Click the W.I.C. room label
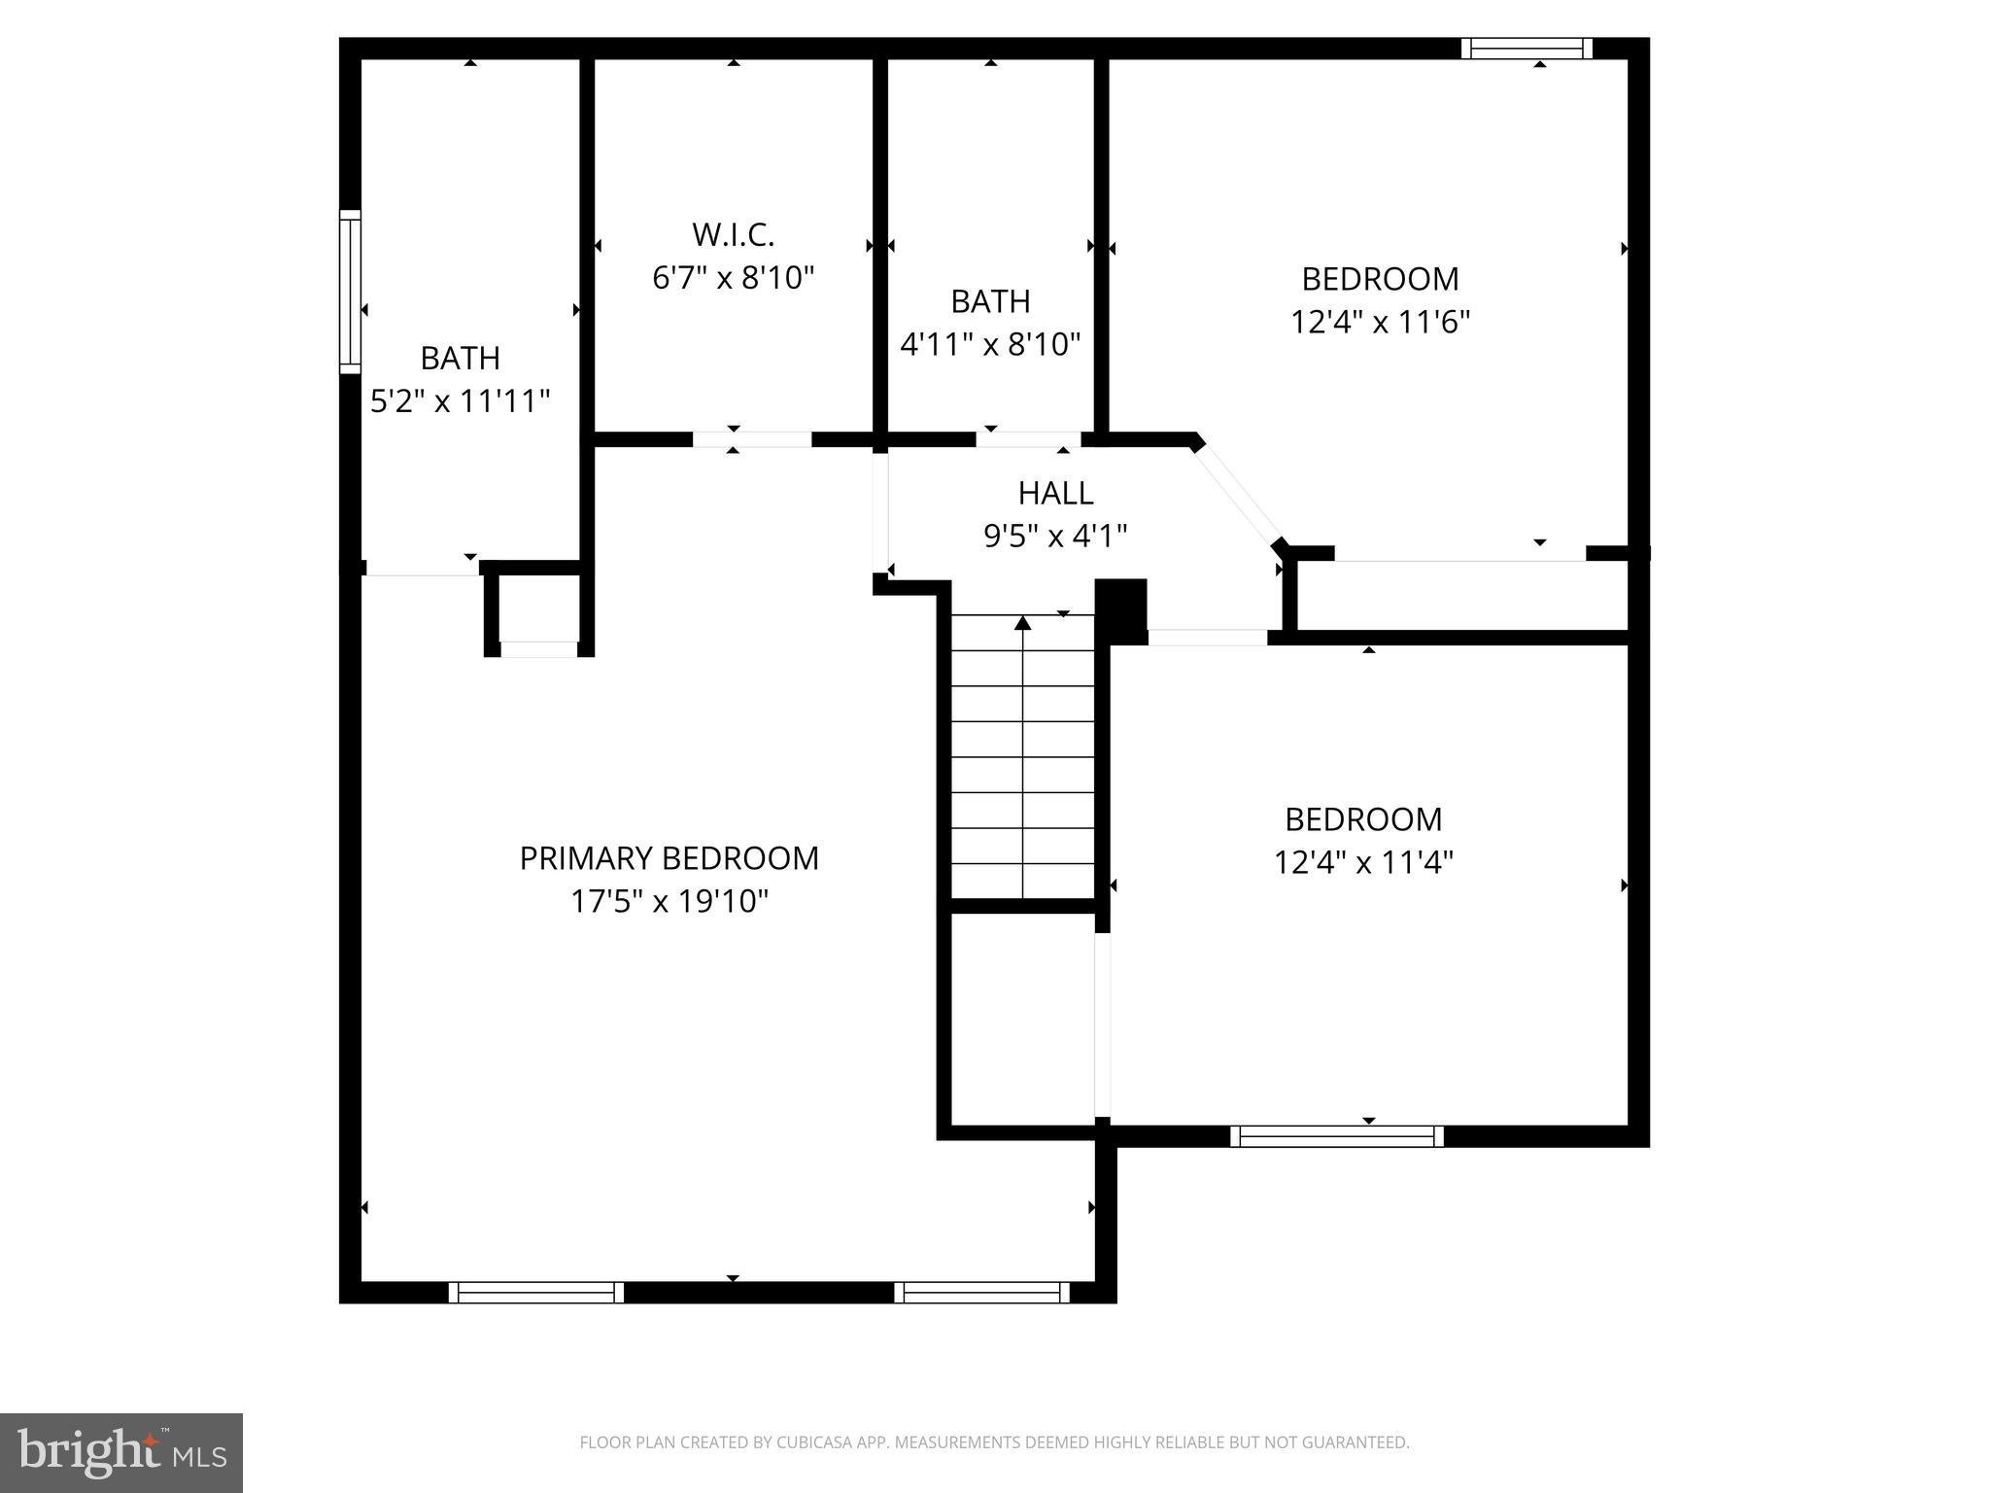[x=733, y=234]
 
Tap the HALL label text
[x=1055, y=494]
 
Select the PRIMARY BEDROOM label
[x=669, y=858]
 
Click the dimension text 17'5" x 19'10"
[x=669, y=902]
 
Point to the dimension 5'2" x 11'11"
[x=460, y=400]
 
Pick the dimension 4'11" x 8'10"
[x=990, y=344]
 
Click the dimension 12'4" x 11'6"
[x=1380, y=322]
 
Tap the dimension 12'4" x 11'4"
[x=1362, y=862]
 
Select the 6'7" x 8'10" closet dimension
[x=733, y=278]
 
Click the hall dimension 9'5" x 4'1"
[x=1055, y=536]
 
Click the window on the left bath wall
[x=350, y=292]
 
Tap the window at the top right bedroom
[x=1527, y=48]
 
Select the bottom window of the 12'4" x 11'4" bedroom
[x=1336, y=1135]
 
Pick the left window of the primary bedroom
[x=535, y=1292]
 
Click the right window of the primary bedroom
[x=981, y=1292]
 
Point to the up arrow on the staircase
[x=1022, y=623]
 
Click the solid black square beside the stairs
[x=1121, y=610]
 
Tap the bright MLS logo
[x=121, y=1452]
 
